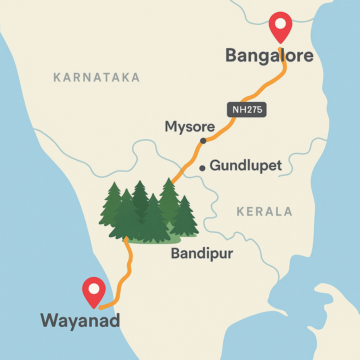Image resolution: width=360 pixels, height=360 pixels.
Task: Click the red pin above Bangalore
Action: [x=280, y=26]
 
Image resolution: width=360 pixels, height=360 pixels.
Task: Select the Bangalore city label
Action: [x=269, y=56]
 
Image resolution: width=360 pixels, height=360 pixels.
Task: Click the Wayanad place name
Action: [x=81, y=320]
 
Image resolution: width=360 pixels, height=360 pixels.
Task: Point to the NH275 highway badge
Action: [x=247, y=110]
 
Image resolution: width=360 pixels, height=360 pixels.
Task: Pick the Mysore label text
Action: [x=190, y=127]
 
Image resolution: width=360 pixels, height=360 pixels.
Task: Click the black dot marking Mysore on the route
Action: [x=203, y=141]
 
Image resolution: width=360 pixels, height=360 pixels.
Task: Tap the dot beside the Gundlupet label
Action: [x=202, y=168]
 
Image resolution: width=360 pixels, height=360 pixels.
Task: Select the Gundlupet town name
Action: [x=246, y=165]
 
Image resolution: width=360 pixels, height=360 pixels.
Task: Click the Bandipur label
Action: [x=202, y=253]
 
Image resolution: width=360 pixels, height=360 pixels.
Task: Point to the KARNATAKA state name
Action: [x=96, y=77]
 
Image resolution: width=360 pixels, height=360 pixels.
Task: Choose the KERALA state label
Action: [x=264, y=211]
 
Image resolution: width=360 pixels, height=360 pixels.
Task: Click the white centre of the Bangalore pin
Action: [x=280, y=24]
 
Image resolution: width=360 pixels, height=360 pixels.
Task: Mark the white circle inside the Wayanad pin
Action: [x=94, y=289]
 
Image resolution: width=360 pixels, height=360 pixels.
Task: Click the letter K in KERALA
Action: [x=241, y=211]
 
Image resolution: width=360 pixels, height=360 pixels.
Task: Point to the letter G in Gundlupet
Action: [x=214, y=165]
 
